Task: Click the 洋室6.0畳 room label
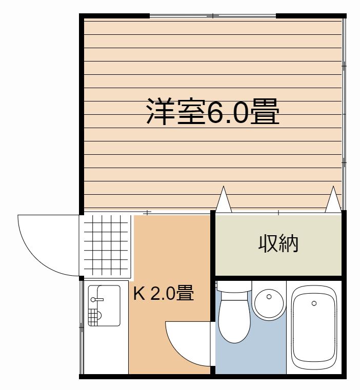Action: (213, 112)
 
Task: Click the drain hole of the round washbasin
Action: (269, 297)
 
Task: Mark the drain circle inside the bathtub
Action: (314, 303)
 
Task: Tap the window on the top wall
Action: (212, 16)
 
